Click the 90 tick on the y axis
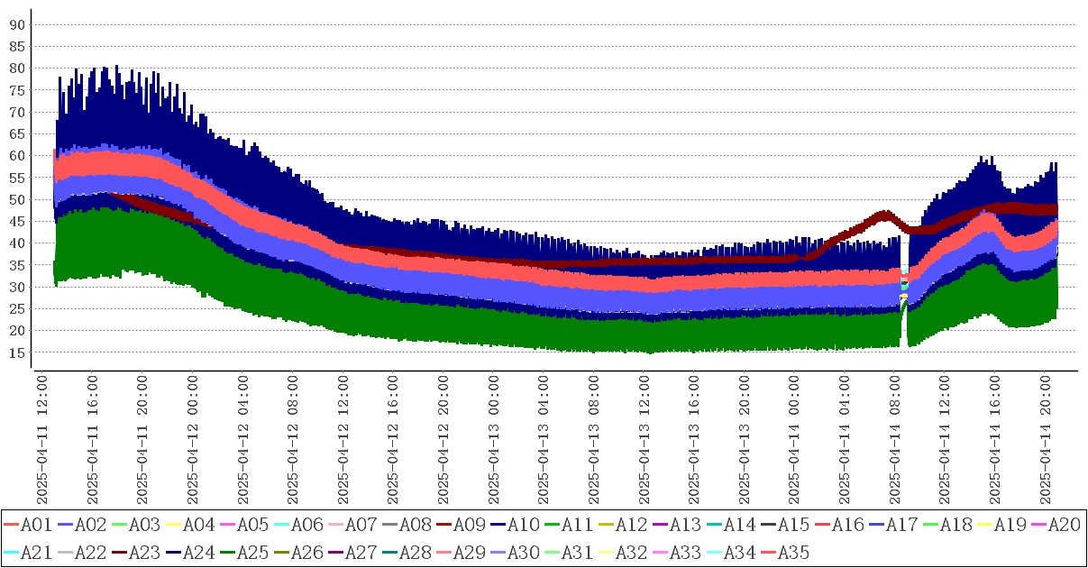coord(16,24)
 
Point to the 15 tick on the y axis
coord(16,353)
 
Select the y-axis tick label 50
coord(16,199)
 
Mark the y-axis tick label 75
coord(16,90)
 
